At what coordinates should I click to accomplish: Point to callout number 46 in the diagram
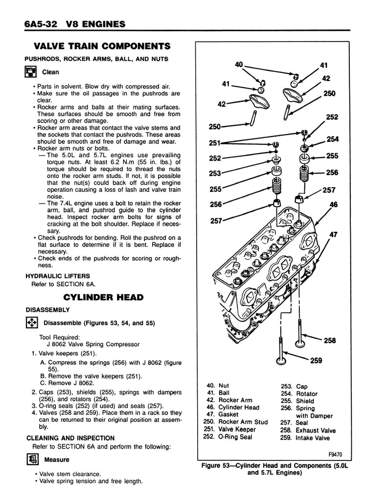[x=334, y=205]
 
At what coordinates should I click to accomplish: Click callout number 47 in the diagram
[x=334, y=235]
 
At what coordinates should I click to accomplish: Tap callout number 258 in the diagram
[x=330, y=341]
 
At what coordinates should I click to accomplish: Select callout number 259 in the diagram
[x=316, y=361]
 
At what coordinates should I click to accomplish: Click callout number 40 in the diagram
[x=239, y=64]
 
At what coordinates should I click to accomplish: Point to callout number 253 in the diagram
[x=215, y=173]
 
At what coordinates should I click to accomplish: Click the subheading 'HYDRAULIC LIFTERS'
[x=54, y=276]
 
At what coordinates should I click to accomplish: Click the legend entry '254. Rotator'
[x=299, y=394]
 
